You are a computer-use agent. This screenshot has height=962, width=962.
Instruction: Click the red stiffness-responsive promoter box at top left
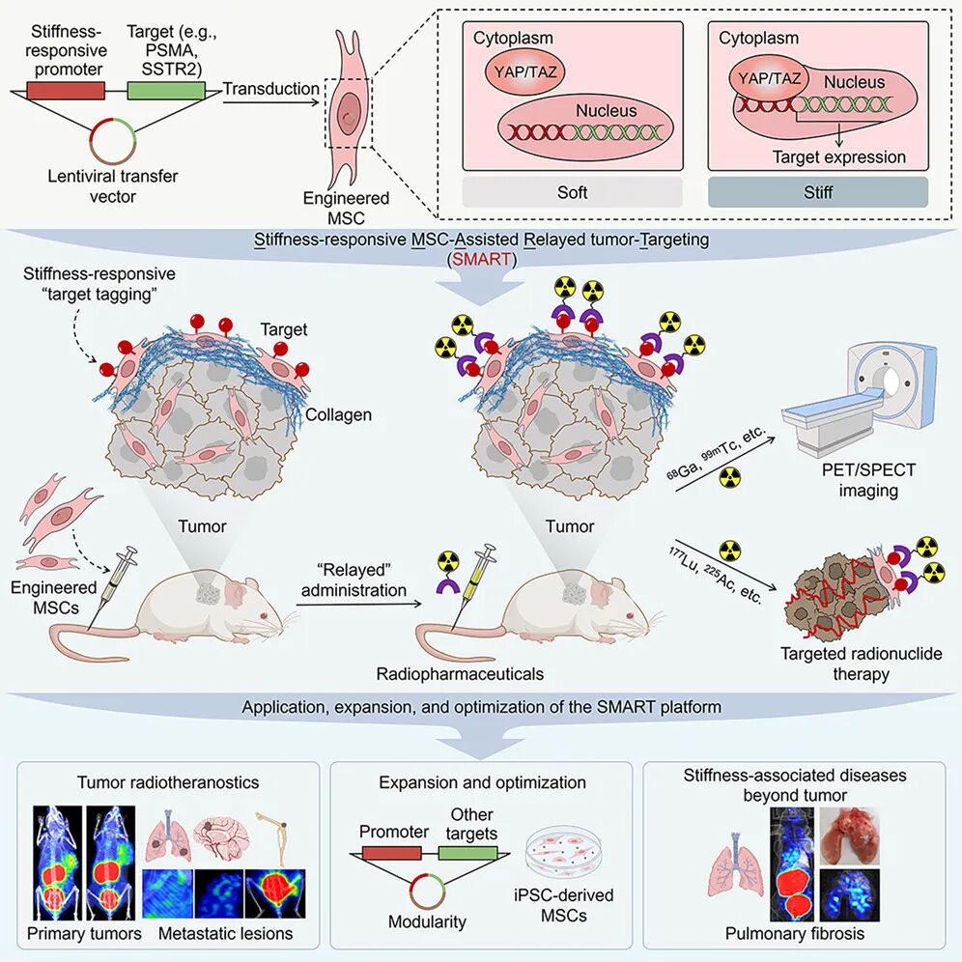(x=66, y=91)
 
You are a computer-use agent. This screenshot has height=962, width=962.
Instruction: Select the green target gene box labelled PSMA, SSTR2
(x=166, y=91)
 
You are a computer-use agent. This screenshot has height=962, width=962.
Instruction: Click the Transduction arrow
(x=271, y=100)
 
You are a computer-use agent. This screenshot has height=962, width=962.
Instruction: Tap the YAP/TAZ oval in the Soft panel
(x=524, y=71)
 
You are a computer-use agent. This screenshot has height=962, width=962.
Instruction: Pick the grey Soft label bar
(x=572, y=192)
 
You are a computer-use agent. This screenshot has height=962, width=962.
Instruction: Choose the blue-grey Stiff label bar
(x=818, y=192)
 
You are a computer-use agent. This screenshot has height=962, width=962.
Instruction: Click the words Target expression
(x=838, y=157)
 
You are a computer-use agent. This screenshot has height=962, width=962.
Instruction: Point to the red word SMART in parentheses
(x=482, y=259)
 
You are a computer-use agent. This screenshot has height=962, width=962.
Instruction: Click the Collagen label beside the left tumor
(x=338, y=414)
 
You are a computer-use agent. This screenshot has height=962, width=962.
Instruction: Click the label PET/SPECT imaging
(x=868, y=480)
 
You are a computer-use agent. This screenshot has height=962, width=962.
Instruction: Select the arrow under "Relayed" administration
(x=359, y=604)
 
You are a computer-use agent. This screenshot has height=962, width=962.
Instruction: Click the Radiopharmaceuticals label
(x=460, y=673)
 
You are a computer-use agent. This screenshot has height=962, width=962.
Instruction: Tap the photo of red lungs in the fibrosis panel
(x=850, y=835)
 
